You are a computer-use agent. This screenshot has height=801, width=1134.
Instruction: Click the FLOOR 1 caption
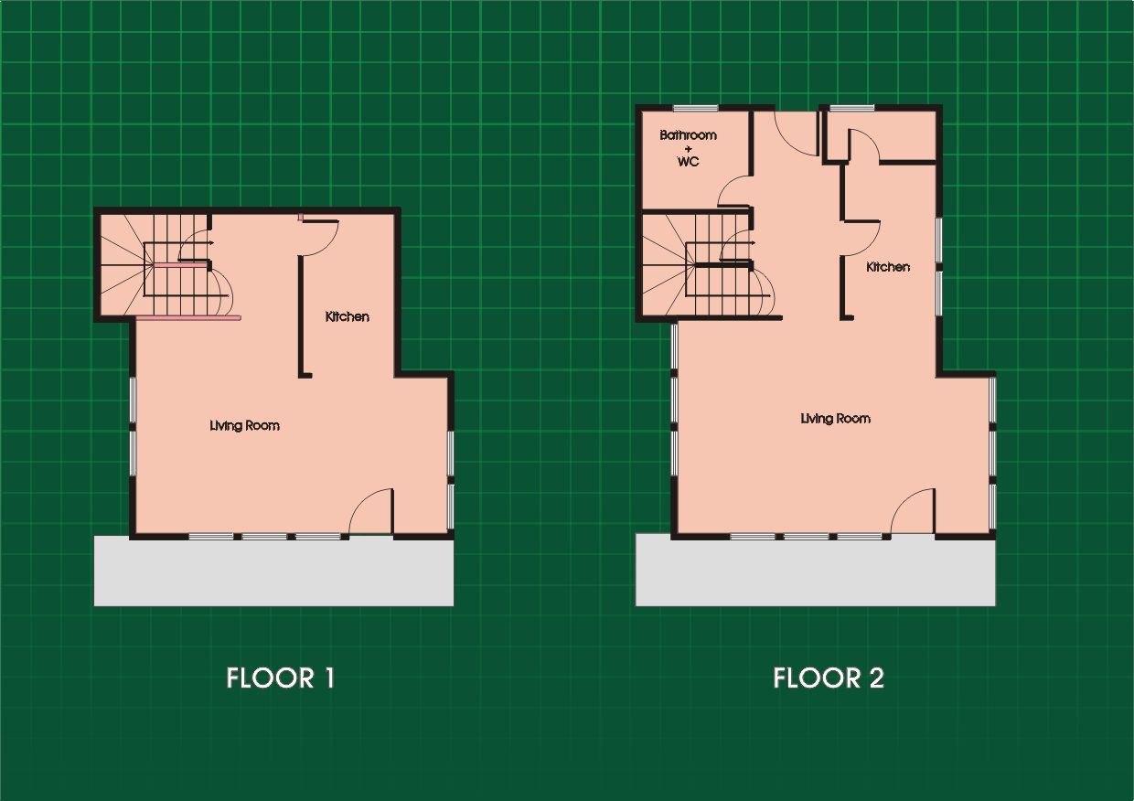281,678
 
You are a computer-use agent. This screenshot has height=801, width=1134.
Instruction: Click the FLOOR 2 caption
829,678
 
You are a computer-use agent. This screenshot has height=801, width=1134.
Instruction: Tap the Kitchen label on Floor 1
348,317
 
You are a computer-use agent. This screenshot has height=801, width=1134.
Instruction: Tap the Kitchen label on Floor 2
888,267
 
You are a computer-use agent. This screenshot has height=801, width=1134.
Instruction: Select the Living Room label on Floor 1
244,426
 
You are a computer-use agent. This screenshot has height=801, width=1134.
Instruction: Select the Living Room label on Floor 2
835,419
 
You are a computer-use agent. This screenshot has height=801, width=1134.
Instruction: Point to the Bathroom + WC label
688,148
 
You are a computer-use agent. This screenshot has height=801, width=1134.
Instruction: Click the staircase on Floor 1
167,266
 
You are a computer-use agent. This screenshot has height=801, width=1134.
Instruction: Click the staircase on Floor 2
709,266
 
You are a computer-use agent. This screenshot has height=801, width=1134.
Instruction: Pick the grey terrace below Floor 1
273,571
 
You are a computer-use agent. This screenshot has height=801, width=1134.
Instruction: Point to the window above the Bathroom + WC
696,108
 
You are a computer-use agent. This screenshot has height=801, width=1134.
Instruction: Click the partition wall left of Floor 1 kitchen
302,317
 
